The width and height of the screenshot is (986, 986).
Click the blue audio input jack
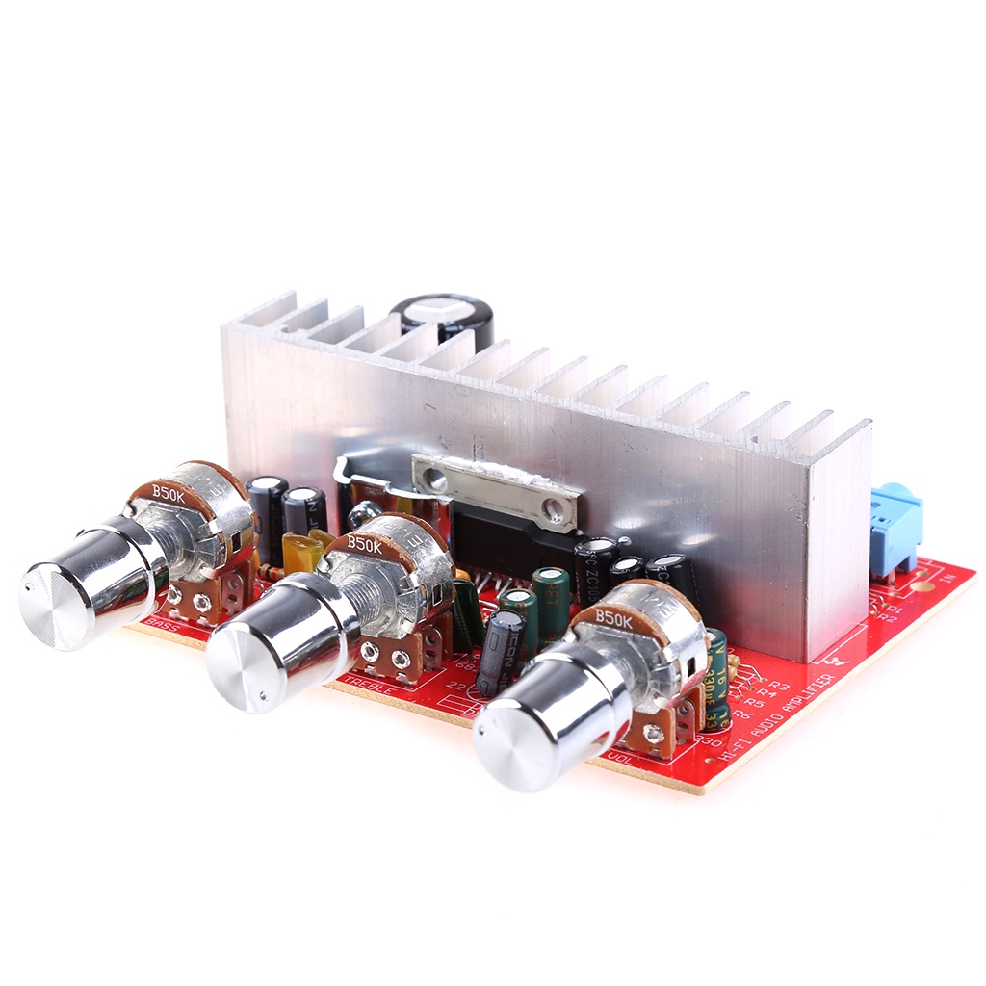(895, 530)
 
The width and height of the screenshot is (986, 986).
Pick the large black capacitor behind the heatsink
(443, 318)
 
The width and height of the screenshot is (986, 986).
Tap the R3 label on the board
(777, 686)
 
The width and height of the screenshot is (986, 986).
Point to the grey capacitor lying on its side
(500, 651)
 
